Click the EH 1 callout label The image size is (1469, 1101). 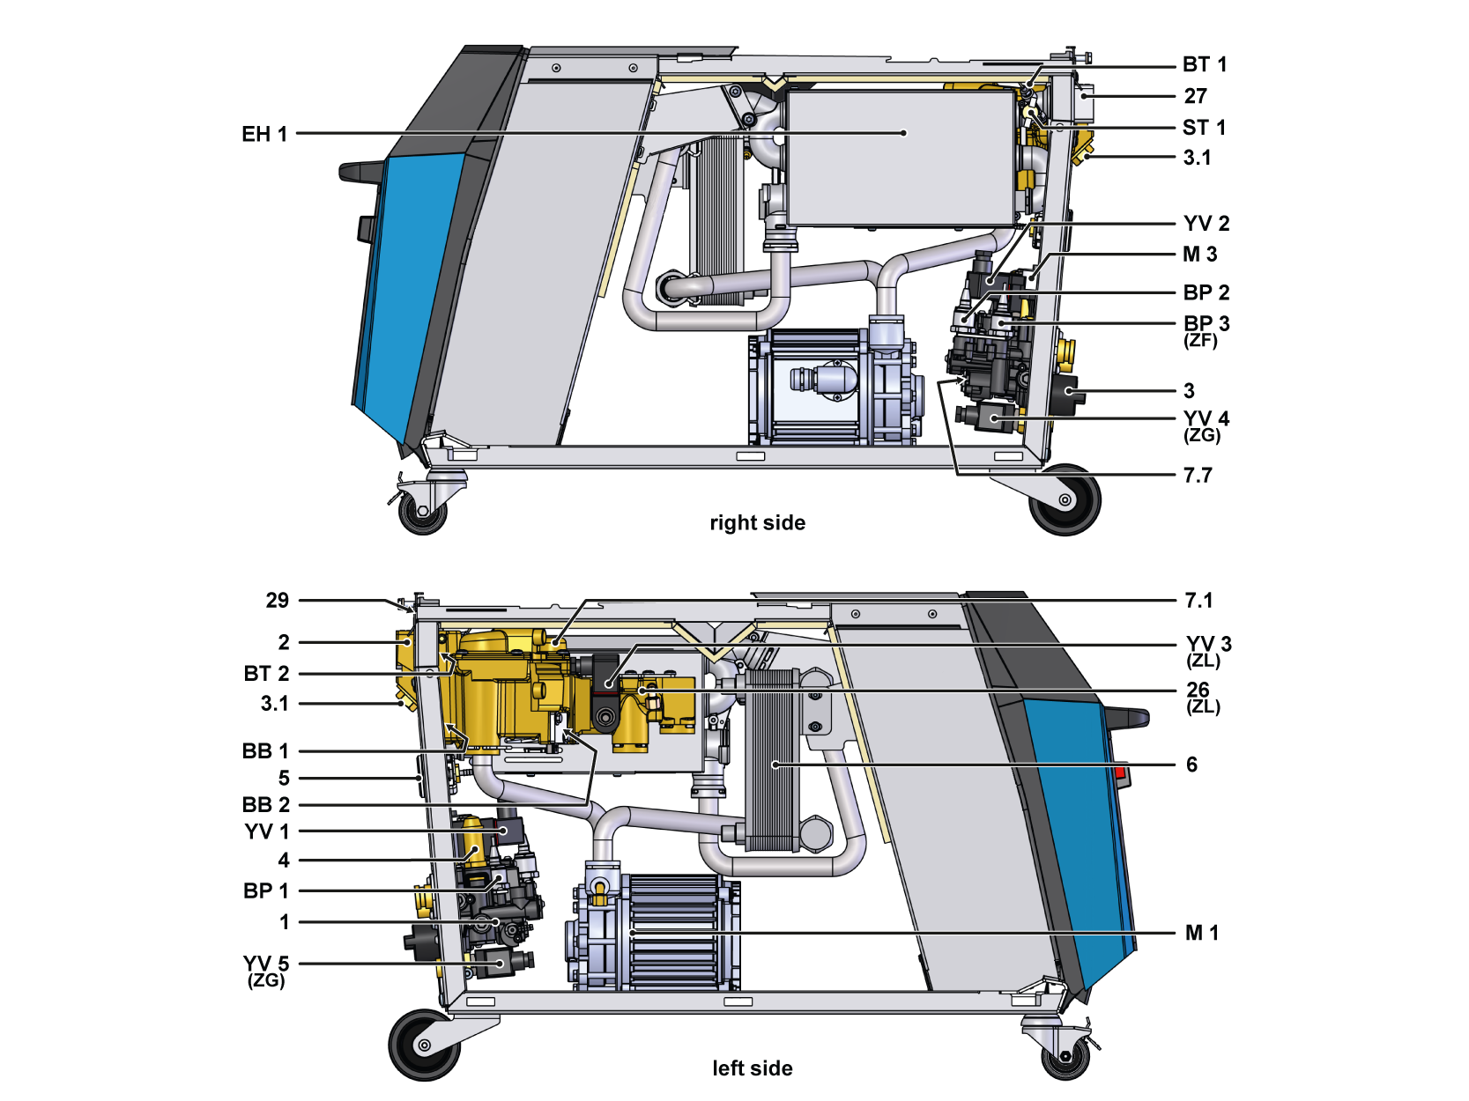pos(264,134)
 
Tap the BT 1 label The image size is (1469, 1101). pos(1204,64)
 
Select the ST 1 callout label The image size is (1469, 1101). pos(1204,128)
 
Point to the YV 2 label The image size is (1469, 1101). pos(1206,224)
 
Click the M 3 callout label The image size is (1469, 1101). pos(1199,255)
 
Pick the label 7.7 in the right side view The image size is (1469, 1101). pos(1198,476)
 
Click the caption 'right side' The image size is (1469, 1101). pos(757,523)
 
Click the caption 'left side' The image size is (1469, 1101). pos(752,1068)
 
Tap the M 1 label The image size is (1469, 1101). pos(1201,933)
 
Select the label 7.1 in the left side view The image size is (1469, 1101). pos(1198,601)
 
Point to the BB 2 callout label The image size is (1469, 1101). pos(265,805)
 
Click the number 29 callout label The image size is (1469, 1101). pos(277,601)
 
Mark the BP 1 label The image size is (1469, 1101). pos(265,891)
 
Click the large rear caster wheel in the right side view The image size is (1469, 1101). pos(1065,500)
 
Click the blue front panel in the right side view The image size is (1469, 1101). pos(410,291)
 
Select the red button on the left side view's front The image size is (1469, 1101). pos(1122,775)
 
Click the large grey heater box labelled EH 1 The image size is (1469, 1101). pos(899,159)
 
